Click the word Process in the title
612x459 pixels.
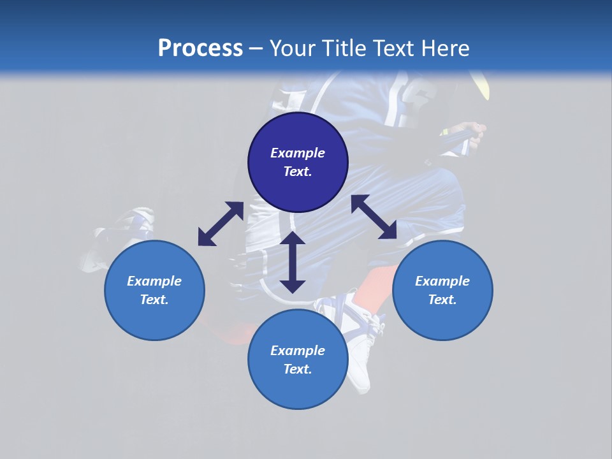200,48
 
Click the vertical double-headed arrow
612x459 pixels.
293,262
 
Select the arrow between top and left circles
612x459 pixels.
221,224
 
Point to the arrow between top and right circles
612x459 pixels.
374,217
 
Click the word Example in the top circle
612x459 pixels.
298,153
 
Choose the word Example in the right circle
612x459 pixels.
442,281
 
